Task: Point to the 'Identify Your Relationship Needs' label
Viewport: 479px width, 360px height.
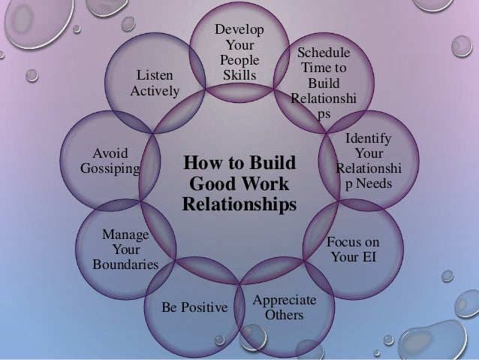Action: point(368,160)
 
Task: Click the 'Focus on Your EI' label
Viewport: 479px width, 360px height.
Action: point(352,250)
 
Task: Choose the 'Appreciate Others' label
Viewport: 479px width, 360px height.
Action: point(284,307)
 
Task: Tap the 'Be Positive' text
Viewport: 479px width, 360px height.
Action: point(194,307)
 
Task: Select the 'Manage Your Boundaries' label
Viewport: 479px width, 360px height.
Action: point(125,250)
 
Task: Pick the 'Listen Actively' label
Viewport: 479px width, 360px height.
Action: point(155,83)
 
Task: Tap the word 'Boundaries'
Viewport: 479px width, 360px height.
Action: point(125,265)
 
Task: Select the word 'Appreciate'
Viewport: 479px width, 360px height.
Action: point(284,300)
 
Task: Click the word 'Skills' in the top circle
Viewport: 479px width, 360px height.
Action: point(239,75)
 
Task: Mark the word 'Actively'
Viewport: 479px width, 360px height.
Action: point(155,91)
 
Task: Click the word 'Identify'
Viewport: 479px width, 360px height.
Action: point(368,138)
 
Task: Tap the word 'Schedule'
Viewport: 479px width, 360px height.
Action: point(324,53)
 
